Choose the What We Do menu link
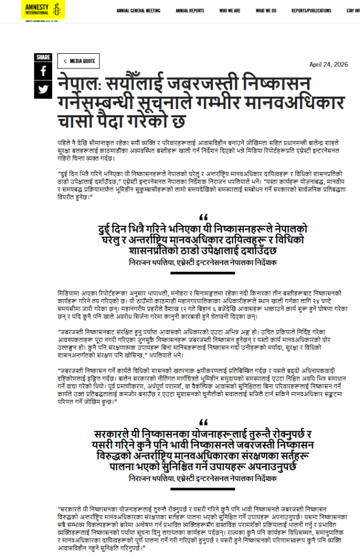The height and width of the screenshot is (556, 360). tap(266, 10)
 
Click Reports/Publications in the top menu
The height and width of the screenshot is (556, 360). tap(311, 10)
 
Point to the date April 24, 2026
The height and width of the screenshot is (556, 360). tap(329, 64)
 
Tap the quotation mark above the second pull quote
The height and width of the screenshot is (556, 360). tap(204, 422)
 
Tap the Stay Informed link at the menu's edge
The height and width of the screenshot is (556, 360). tap(353, 10)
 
